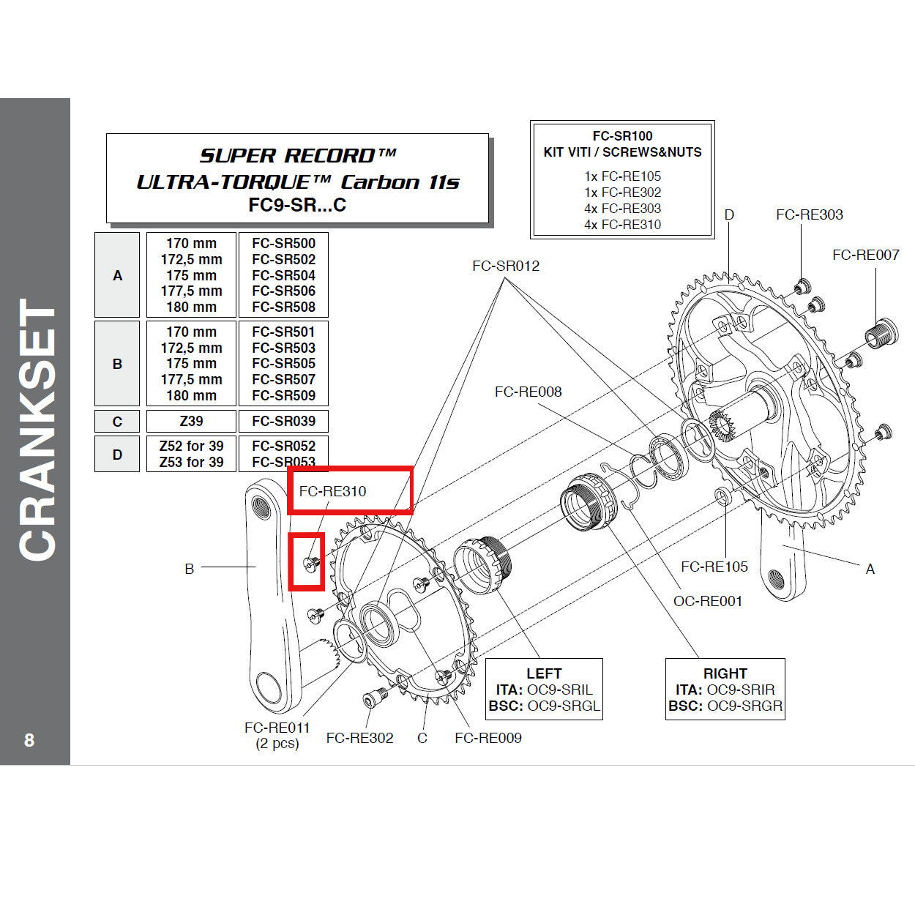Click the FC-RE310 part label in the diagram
[x=332, y=491]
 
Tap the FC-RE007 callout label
[x=865, y=255]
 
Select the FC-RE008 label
[x=528, y=392]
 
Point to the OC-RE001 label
[x=707, y=601]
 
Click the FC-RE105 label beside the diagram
[x=714, y=567]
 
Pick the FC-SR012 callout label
[x=505, y=266]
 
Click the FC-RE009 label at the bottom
[x=488, y=738]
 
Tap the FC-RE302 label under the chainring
[x=359, y=738]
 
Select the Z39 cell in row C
[x=191, y=421]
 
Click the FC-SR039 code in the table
[x=283, y=421]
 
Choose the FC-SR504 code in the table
[x=283, y=275]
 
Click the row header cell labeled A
[x=117, y=275]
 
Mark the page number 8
[x=29, y=740]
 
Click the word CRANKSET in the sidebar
[x=37, y=430]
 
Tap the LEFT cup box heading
[x=544, y=673]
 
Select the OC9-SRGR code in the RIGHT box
[x=744, y=706]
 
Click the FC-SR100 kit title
[x=622, y=136]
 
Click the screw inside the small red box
[x=310, y=562]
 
